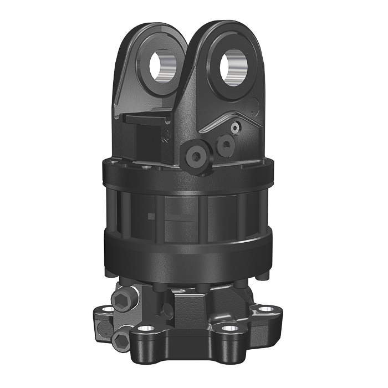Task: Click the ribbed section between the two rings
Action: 188,213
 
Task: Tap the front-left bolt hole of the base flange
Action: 145,331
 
